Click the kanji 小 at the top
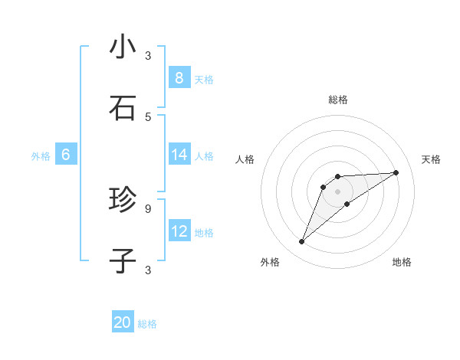[123, 47]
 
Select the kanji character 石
[123, 108]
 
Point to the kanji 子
[123, 260]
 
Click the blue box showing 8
[179, 77]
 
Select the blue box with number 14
[179, 155]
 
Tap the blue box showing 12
[179, 231]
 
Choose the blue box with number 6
[65, 155]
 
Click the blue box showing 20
[123, 322]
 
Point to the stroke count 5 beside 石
[148, 116]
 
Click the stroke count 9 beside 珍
[148, 208]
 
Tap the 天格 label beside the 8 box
[204, 79]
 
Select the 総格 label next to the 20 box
[147, 324]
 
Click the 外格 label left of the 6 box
[41, 156]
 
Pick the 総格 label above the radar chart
[337, 100]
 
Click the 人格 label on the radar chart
[245, 159]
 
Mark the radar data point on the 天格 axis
[396, 172]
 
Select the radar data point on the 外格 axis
[301, 242]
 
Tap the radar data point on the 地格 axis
[347, 204]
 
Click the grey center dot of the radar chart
[337, 191]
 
